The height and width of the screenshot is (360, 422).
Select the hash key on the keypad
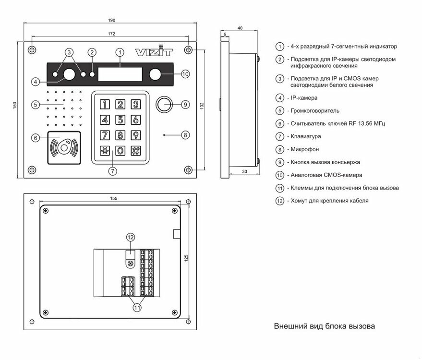pos(136,150)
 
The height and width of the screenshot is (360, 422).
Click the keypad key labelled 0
pos(121,150)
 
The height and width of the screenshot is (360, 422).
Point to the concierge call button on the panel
pos(164,104)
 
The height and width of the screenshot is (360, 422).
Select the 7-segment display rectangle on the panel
pos(120,74)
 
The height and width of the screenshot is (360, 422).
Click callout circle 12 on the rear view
pos(131,237)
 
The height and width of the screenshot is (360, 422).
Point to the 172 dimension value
pos(110,34)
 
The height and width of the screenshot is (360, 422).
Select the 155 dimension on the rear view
pos(113,197)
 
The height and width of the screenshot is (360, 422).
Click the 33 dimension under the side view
pos(245,170)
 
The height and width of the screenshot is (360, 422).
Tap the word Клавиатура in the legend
pos(304,137)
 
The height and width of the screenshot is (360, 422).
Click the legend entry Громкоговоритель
pos(312,111)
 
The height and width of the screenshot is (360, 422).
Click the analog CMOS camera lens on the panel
pos(155,74)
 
